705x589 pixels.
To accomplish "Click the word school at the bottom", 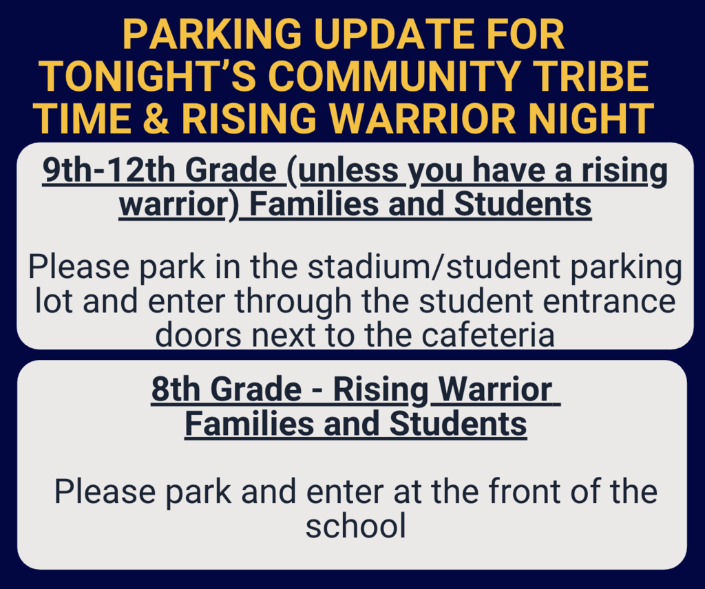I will click(x=355, y=526).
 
